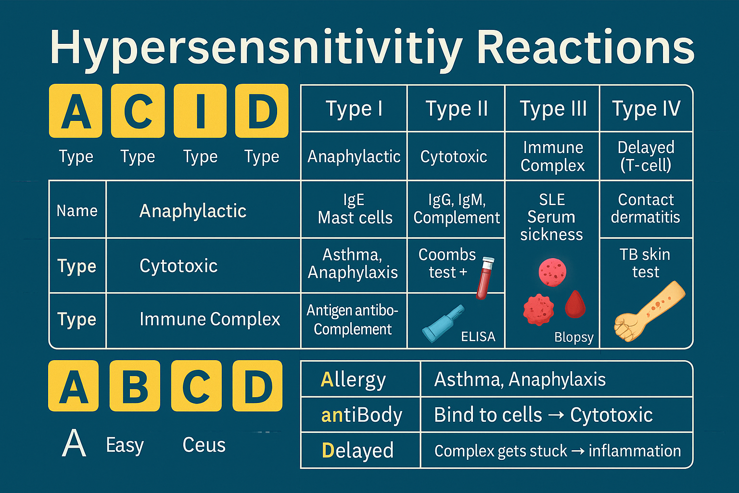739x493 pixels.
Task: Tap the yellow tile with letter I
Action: pyautogui.click(x=200, y=111)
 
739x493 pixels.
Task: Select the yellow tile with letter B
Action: pyautogui.click(x=135, y=386)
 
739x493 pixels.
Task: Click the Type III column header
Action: pyautogui.click(x=553, y=109)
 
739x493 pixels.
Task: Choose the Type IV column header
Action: pyautogui.click(x=646, y=109)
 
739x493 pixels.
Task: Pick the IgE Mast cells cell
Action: pyautogui.click(x=355, y=209)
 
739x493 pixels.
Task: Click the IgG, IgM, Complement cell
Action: pyautogui.click(x=456, y=209)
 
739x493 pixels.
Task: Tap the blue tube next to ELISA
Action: pyautogui.click(x=442, y=324)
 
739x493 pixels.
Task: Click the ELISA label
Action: pyautogui.click(x=478, y=337)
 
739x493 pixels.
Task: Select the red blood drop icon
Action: pyautogui.click(x=575, y=305)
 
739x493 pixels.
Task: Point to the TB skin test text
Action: pyautogui.click(x=645, y=263)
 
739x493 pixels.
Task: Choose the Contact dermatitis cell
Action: pyautogui.click(x=645, y=208)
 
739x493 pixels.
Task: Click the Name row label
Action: pyautogui.click(x=77, y=210)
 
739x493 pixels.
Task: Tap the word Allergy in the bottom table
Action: pyautogui.click(x=353, y=380)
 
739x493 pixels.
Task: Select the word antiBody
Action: pyautogui.click(x=361, y=415)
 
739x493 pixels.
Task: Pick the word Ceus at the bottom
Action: pyautogui.click(x=204, y=445)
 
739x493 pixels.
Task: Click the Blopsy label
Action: pyautogui.click(x=573, y=337)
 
